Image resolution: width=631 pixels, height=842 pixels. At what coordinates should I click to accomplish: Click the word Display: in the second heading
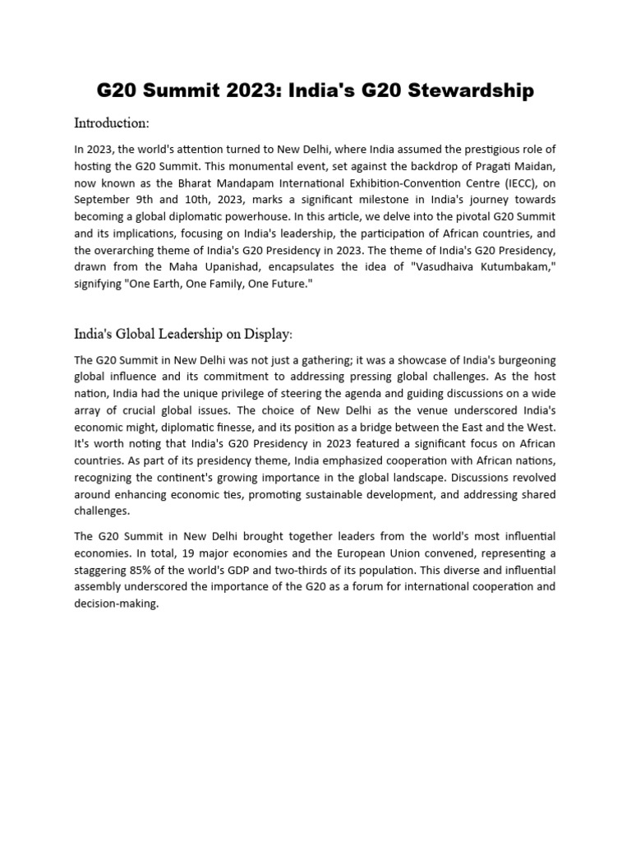[265, 334]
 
